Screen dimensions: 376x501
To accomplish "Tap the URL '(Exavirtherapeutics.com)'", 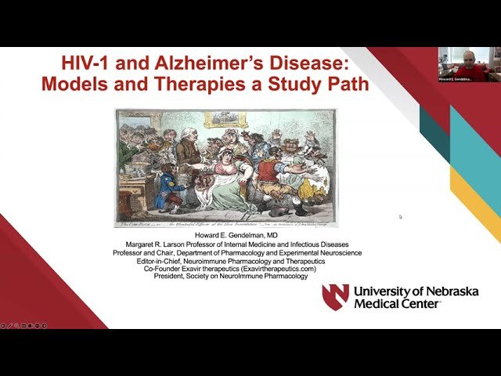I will click(274, 269).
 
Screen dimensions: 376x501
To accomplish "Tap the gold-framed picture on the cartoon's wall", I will click(226, 119).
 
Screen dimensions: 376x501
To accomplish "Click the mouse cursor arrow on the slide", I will click(400, 217).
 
